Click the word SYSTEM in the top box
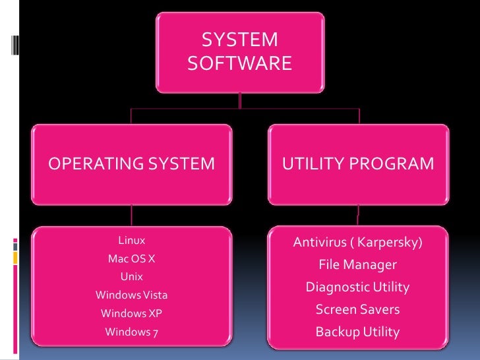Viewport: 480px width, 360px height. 239,40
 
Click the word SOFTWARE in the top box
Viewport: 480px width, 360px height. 239,63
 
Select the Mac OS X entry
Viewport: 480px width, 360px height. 131,258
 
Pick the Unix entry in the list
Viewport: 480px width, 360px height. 131,276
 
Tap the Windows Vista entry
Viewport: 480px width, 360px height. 131,295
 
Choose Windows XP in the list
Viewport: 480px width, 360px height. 131,313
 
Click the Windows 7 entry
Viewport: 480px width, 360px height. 131,332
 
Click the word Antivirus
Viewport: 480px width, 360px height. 319,243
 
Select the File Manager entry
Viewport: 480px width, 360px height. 357,265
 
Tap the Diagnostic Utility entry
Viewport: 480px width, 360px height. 357,287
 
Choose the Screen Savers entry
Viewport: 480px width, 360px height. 357,309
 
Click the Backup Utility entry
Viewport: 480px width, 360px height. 357,332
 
